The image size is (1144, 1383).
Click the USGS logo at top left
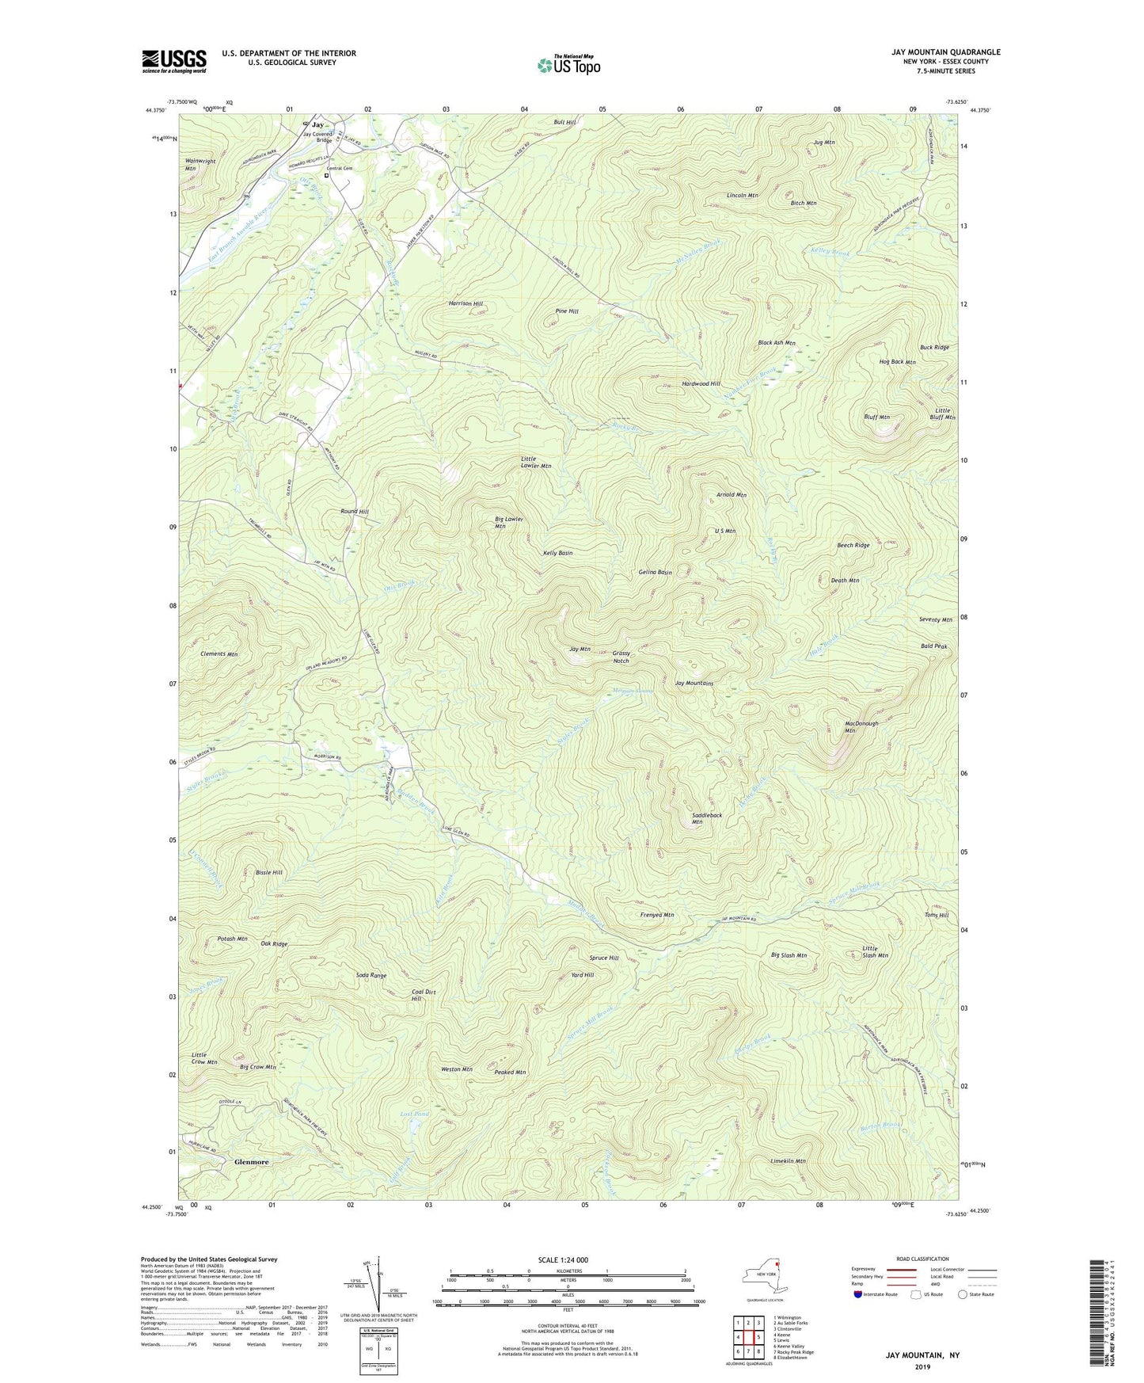pyautogui.click(x=174, y=60)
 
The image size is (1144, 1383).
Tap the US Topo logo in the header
pyautogui.click(x=568, y=65)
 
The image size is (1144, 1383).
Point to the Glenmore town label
pyautogui.click(x=251, y=1162)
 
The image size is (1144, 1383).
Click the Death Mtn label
pyautogui.click(x=844, y=581)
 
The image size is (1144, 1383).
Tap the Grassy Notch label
pyautogui.click(x=621, y=657)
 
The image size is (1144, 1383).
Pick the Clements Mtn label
pyautogui.click(x=219, y=654)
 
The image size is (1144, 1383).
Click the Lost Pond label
pyautogui.click(x=414, y=1114)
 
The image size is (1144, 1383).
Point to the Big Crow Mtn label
pyautogui.click(x=258, y=1067)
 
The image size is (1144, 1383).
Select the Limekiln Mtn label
pyautogui.click(x=788, y=1161)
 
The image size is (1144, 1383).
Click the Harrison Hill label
pyautogui.click(x=466, y=303)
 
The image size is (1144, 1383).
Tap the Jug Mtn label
pyautogui.click(x=823, y=143)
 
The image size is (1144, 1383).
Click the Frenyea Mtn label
pyautogui.click(x=656, y=915)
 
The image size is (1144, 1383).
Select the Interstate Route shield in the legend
pyautogui.click(x=857, y=1294)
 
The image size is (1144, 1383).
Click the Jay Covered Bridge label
pyautogui.click(x=317, y=137)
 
